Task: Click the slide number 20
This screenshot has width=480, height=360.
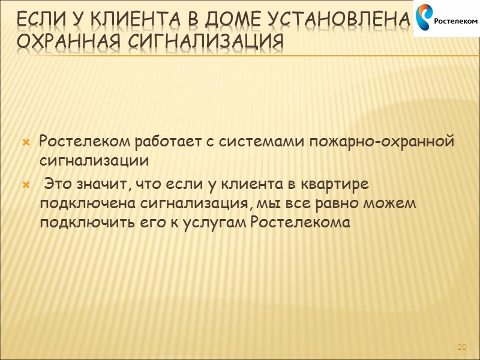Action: point(462,347)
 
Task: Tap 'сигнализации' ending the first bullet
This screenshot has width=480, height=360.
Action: point(93,162)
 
